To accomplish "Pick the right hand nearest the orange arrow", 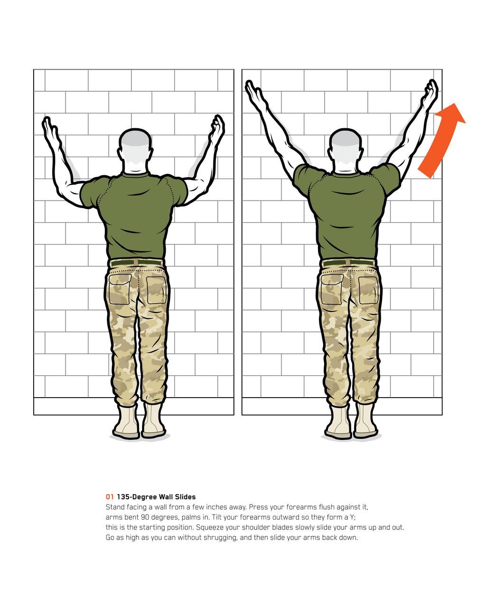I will tap(430, 93).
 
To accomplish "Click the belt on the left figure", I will tap(136, 262).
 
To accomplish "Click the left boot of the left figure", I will tap(126, 423).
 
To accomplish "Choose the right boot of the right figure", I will tap(365, 423).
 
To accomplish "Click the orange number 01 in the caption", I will tap(110, 497).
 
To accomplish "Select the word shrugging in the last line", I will tap(216, 538).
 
